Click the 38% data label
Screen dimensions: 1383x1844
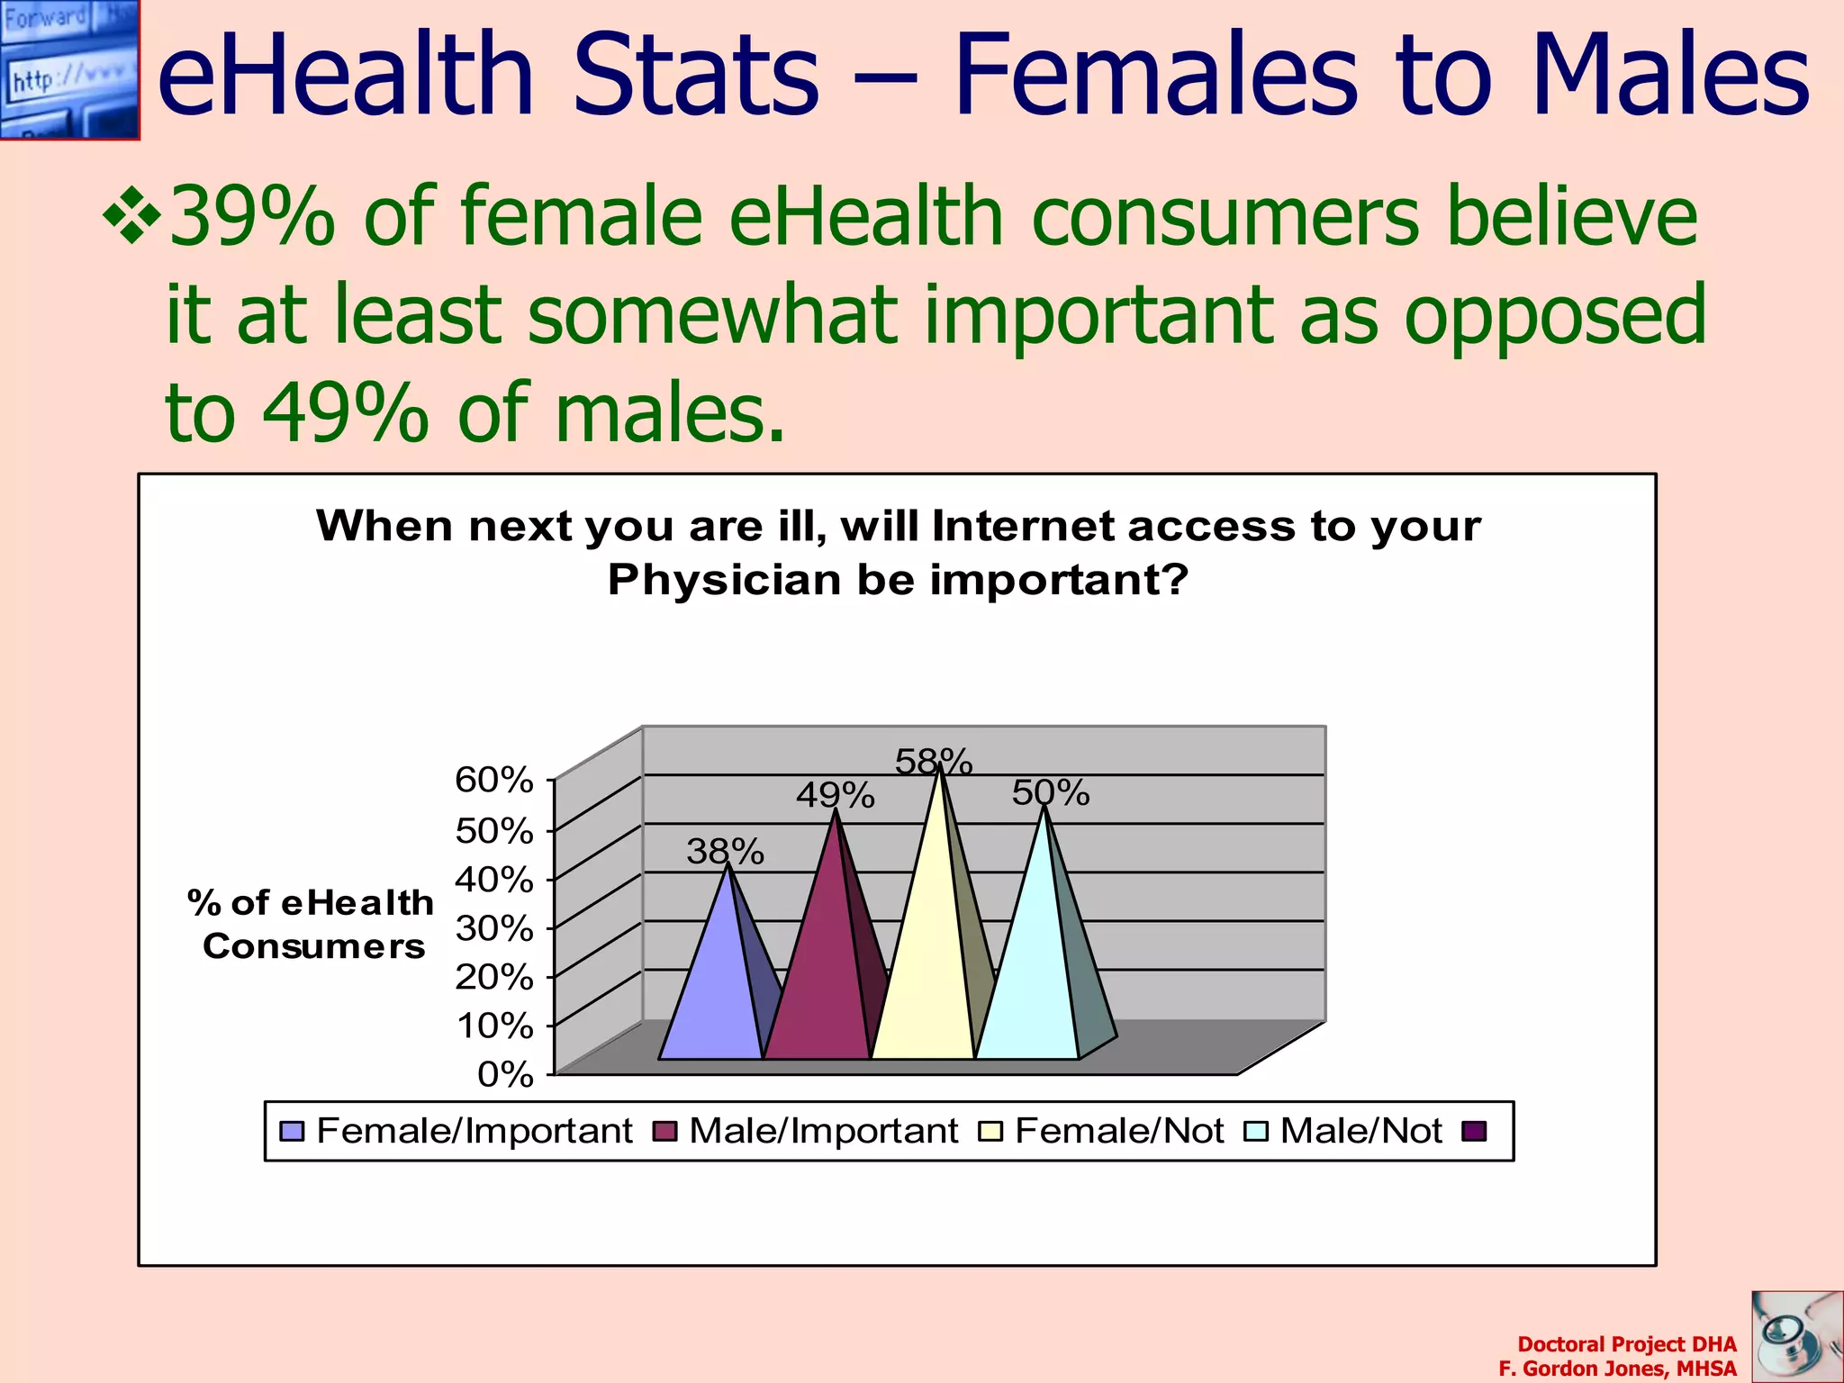click(x=725, y=851)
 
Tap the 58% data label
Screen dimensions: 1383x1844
click(x=934, y=762)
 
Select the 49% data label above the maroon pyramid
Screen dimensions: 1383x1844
click(x=835, y=795)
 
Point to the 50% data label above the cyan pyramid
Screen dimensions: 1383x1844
click(x=1051, y=792)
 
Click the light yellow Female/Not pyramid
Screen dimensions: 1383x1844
click(x=925, y=972)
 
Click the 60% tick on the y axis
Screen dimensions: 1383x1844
click(x=494, y=780)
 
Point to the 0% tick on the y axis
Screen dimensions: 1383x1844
click(x=505, y=1074)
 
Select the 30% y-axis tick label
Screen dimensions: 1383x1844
click(x=494, y=927)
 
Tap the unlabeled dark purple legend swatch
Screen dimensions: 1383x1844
click(x=1474, y=1131)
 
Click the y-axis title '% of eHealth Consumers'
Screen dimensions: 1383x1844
click(x=312, y=924)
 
